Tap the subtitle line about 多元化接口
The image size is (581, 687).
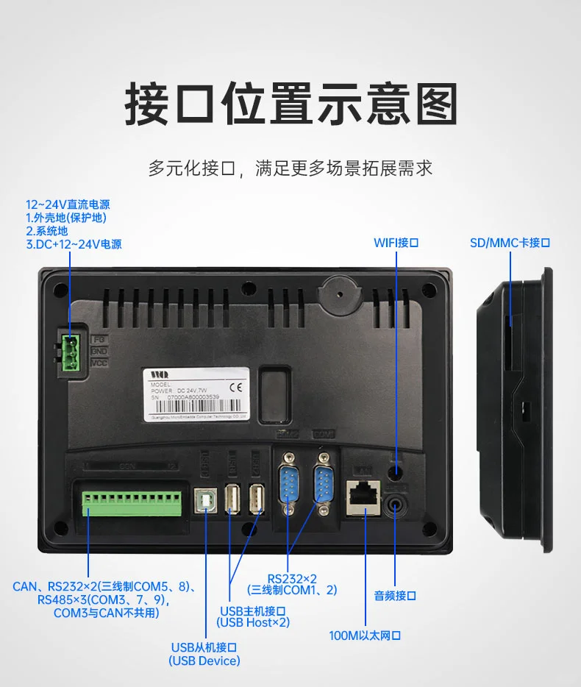pyautogui.click(x=290, y=168)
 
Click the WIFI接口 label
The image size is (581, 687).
pyautogui.click(x=396, y=243)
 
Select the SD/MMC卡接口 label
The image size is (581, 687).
pyautogui.click(x=510, y=243)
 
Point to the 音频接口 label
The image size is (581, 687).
pyautogui.click(x=396, y=595)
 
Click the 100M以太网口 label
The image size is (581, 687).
pyautogui.click(x=366, y=635)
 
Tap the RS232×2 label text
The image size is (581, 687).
pyautogui.click(x=292, y=578)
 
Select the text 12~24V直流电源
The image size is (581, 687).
pyautogui.click(x=68, y=204)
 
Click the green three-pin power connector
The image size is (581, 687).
pyautogui.click(x=71, y=352)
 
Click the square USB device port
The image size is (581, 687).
pyautogui.click(x=205, y=501)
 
